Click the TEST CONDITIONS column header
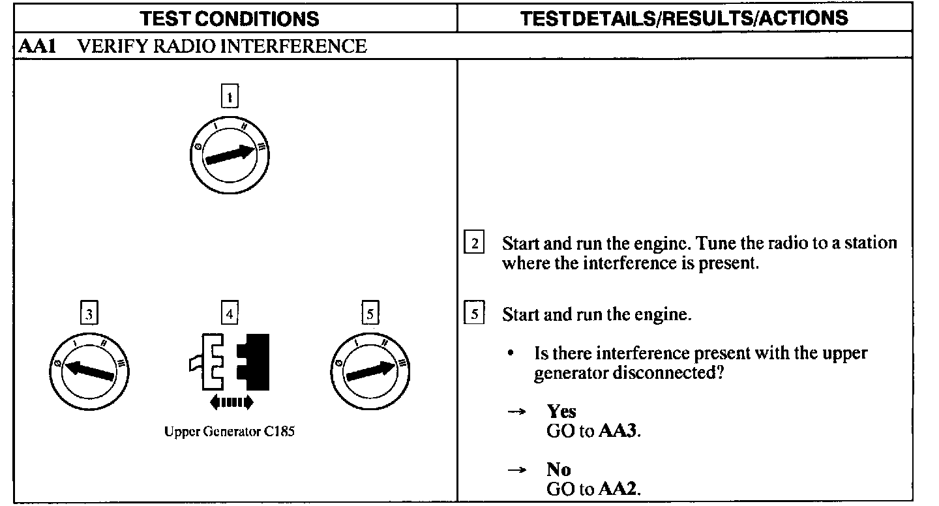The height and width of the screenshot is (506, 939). [x=230, y=18]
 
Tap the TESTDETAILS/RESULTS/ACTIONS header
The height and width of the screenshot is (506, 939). [x=684, y=18]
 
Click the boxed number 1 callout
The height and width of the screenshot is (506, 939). [x=229, y=98]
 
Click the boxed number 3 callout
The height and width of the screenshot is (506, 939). [x=89, y=315]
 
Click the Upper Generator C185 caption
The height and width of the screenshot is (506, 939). [x=230, y=432]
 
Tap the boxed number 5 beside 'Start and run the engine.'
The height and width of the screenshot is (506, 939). [x=474, y=314]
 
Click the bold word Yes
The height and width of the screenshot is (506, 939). [x=561, y=411]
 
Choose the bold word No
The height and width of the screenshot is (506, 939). [x=559, y=469]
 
